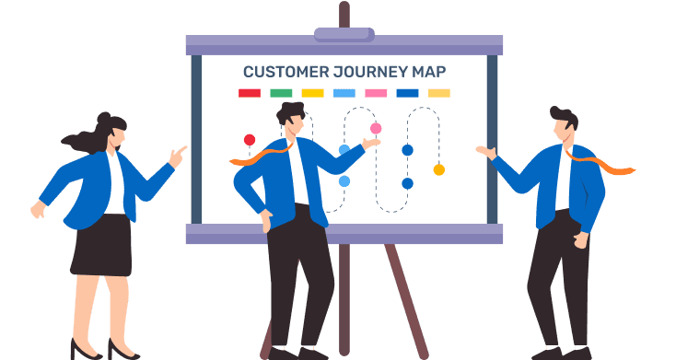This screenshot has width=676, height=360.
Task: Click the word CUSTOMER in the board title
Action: click(x=286, y=72)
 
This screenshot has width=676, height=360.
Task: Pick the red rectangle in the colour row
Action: click(x=250, y=93)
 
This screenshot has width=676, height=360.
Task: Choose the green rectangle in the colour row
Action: click(x=281, y=93)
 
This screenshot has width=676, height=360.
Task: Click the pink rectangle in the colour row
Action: click(x=376, y=93)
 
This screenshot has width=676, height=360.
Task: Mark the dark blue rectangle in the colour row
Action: click(x=407, y=93)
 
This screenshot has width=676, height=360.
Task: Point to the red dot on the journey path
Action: click(x=250, y=140)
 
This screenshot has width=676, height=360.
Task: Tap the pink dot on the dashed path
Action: click(x=376, y=128)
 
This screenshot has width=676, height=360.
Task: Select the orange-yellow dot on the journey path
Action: click(x=439, y=169)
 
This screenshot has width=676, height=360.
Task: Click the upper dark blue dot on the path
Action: click(x=407, y=150)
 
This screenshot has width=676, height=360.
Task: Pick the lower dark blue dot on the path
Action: click(x=407, y=183)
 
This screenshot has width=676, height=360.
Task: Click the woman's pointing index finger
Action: click(x=181, y=150)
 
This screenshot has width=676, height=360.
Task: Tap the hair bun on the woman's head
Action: click(x=103, y=117)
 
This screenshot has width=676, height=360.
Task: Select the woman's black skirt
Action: click(x=101, y=245)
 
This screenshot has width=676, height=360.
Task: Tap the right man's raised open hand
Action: click(x=486, y=152)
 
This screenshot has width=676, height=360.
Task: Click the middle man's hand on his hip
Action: click(x=266, y=220)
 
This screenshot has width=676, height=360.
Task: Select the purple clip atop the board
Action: click(x=344, y=34)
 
